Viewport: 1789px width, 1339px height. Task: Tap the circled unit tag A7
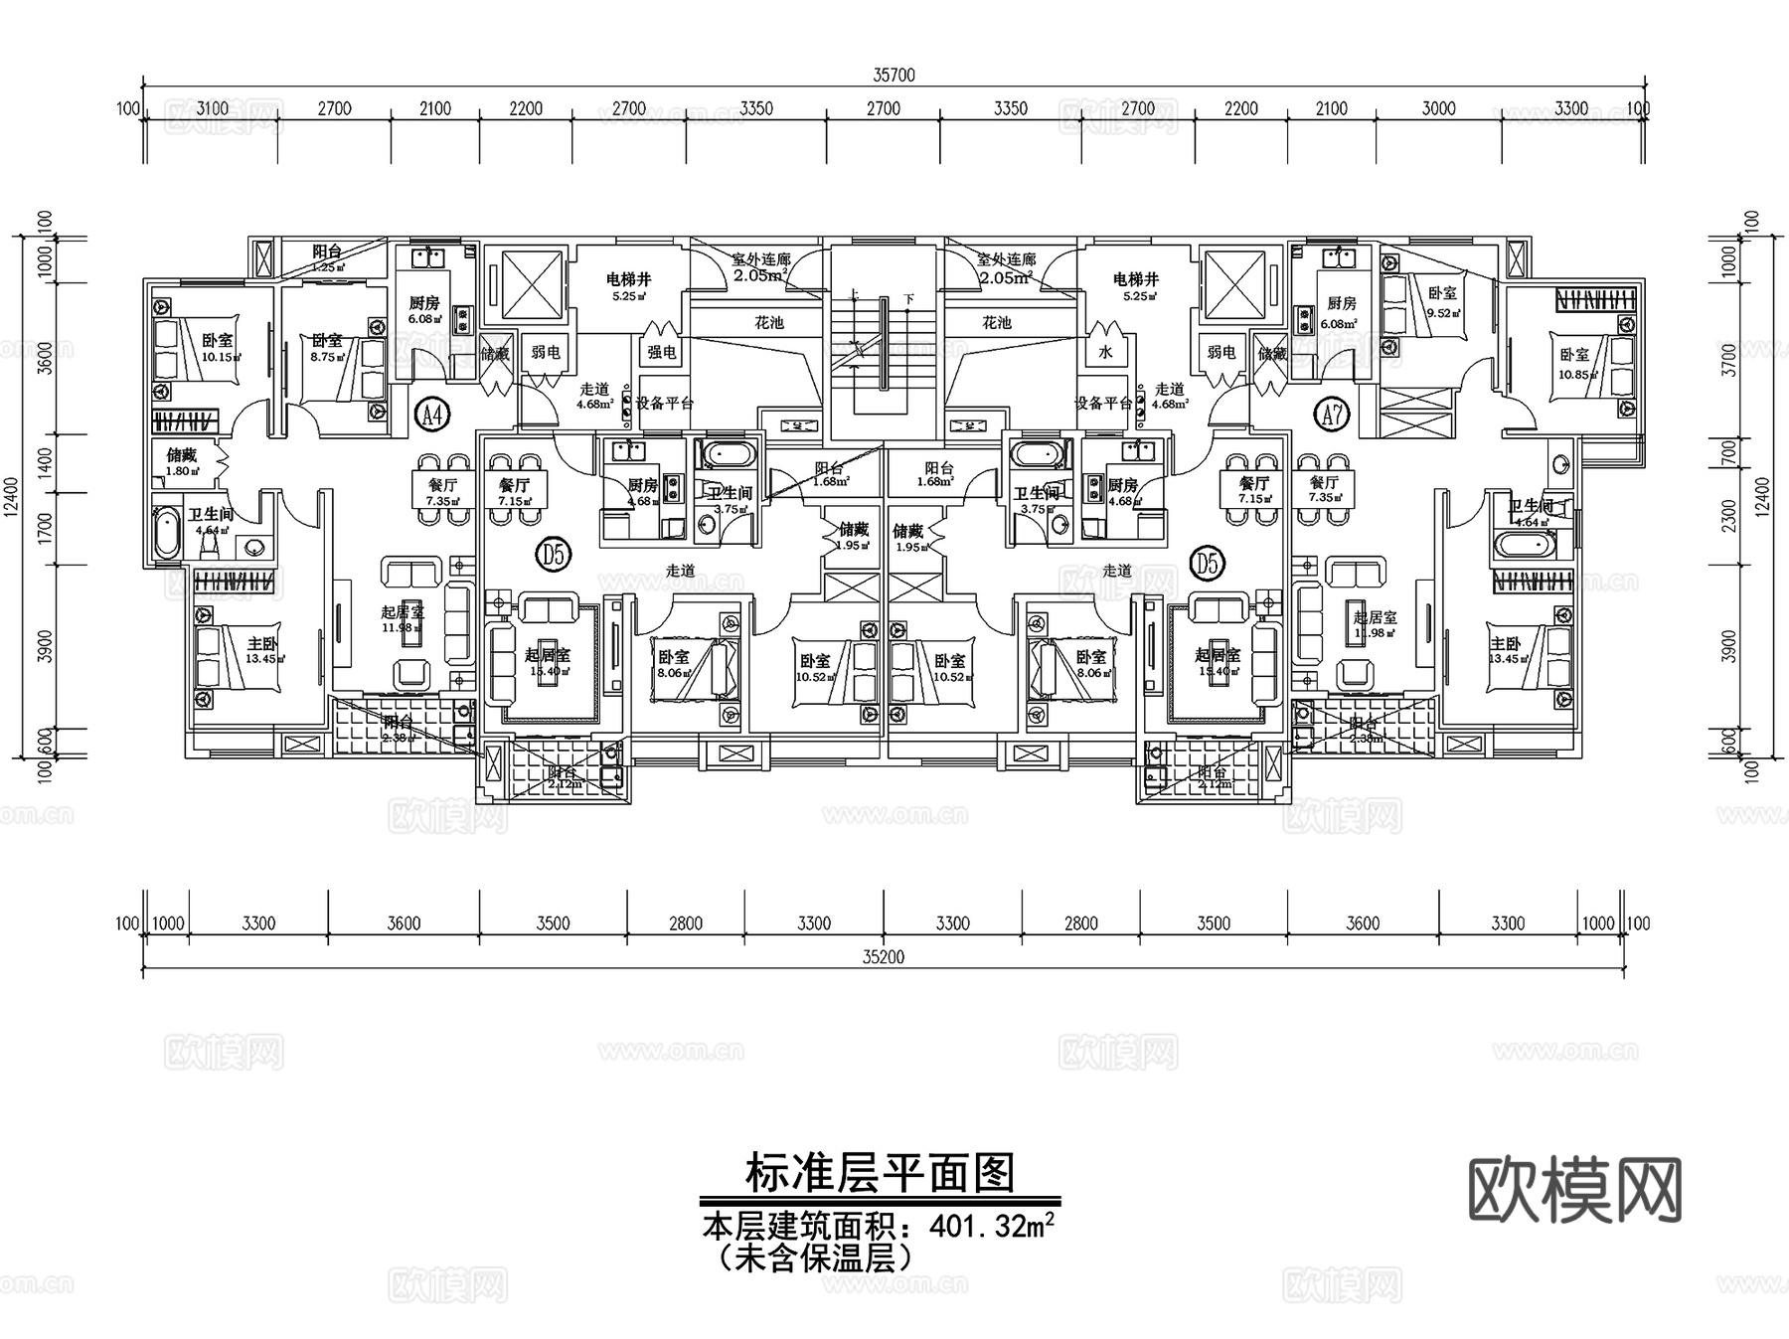click(x=1333, y=416)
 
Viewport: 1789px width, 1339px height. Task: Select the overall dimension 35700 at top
click(x=894, y=76)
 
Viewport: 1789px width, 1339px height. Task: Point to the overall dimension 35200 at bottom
click(x=884, y=957)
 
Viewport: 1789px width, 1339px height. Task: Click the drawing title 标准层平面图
click(x=881, y=1174)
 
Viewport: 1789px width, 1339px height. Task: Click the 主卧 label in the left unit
click(x=263, y=644)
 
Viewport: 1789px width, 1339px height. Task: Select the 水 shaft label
click(x=1105, y=352)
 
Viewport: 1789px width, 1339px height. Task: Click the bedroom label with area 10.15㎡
click(x=218, y=341)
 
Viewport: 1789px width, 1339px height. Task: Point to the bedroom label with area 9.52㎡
click(x=1442, y=294)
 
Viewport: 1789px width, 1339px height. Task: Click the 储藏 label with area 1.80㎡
click(x=181, y=456)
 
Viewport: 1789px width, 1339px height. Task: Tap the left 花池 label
click(x=769, y=323)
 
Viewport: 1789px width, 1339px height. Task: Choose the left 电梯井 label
click(x=629, y=280)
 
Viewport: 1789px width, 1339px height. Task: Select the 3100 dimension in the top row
click(x=213, y=109)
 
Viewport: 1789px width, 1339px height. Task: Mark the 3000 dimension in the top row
click(x=1438, y=109)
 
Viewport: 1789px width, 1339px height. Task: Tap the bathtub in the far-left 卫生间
click(x=166, y=534)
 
